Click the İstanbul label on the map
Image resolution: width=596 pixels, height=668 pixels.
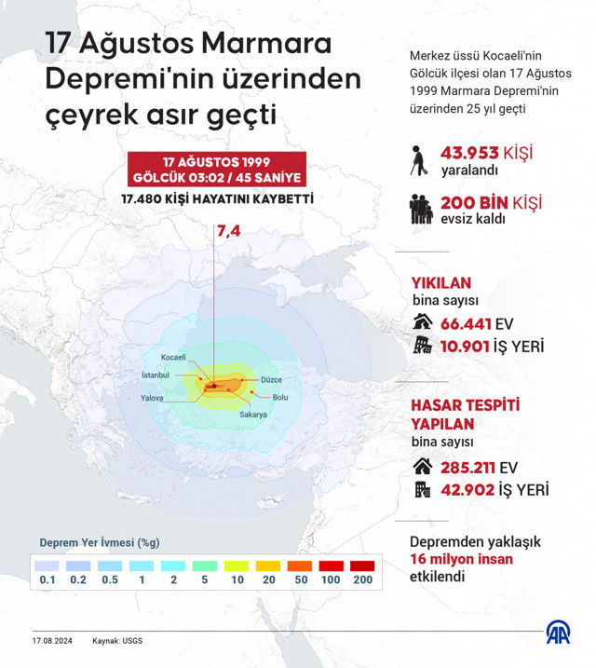click(155, 375)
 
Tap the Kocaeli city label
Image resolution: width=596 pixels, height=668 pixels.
click(174, 358)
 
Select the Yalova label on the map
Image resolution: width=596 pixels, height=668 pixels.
click(152, 398)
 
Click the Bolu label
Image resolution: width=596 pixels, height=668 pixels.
click(279, 398)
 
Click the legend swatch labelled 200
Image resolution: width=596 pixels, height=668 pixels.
click(362, 566)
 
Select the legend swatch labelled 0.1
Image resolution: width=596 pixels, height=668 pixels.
click(47, 566)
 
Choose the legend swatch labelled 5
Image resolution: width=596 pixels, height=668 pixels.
click(205, 566)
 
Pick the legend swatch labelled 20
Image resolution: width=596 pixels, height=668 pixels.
click(268, 566)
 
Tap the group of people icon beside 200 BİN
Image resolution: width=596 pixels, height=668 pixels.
click(422, 208)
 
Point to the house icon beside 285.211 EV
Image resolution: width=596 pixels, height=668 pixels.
click(422, 466)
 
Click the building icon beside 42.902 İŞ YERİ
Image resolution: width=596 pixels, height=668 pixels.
click(422, 490)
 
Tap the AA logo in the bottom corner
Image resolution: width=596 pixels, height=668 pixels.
click(558, 634)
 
